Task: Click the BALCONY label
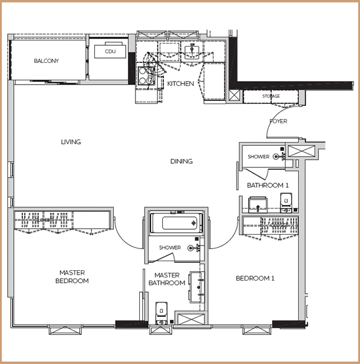47,61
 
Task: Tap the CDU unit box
110,51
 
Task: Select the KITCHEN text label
180,83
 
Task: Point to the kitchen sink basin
192,52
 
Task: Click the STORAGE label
271,96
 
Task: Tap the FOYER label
278,121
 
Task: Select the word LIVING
71,142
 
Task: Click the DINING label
182,161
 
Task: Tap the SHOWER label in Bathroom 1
258,157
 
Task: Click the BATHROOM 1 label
267,185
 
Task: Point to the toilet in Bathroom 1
286,202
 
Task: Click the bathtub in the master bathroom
176,223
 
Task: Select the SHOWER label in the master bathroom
170,248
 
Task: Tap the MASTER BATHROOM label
167,279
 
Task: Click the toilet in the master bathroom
162,313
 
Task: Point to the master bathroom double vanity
197,287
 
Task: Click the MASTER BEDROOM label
72,277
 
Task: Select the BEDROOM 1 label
255,278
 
